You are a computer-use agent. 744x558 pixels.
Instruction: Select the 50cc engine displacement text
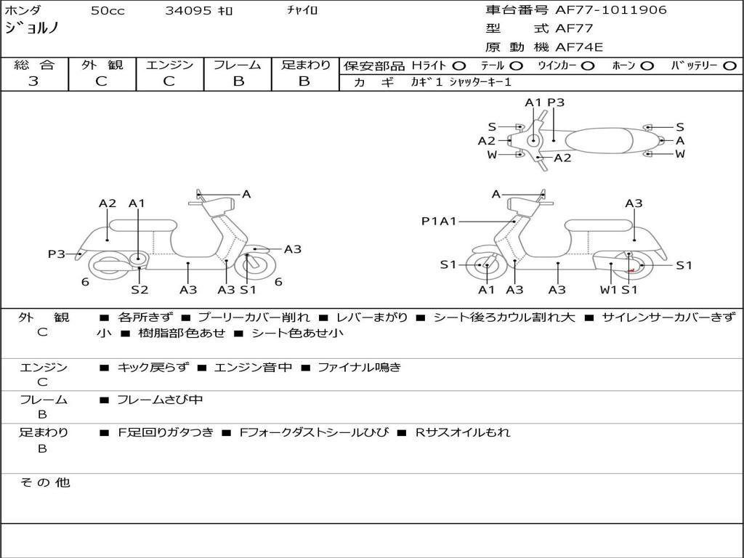[108, 11]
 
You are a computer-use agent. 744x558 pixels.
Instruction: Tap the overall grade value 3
[33, 81]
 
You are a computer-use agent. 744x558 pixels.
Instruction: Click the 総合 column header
[34, 65]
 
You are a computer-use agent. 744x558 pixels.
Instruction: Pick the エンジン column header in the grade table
[169, 65]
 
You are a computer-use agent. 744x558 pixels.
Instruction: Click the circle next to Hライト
[459, 65]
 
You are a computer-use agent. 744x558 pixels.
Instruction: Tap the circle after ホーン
[647, 65]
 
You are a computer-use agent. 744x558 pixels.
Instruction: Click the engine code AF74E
[579, 47]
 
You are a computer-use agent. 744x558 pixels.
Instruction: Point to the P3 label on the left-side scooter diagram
[57, 254]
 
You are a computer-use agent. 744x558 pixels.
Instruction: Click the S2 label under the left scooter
[139, 290]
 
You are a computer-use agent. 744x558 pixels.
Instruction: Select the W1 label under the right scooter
[608, 290]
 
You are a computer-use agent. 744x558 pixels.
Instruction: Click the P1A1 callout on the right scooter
[439, 222]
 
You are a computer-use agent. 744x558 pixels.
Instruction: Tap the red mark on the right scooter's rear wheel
[631, 270]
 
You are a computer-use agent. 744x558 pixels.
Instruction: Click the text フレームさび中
[160, 400]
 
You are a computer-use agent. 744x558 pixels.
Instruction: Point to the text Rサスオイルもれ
[463, 432]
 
